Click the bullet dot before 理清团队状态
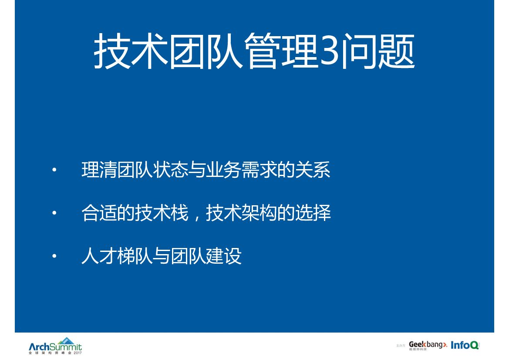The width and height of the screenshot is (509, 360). pos(54,170)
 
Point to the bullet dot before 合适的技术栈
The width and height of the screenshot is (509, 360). pos(54,214)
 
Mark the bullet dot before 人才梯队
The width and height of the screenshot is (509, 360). pos(54,256)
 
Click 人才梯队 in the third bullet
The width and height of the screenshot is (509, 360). pos(117,256)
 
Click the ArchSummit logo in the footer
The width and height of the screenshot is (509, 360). pos(55,347)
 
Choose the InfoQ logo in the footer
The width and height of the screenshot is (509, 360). pos(465,345)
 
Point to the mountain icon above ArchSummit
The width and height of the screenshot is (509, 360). pos(66,340)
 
